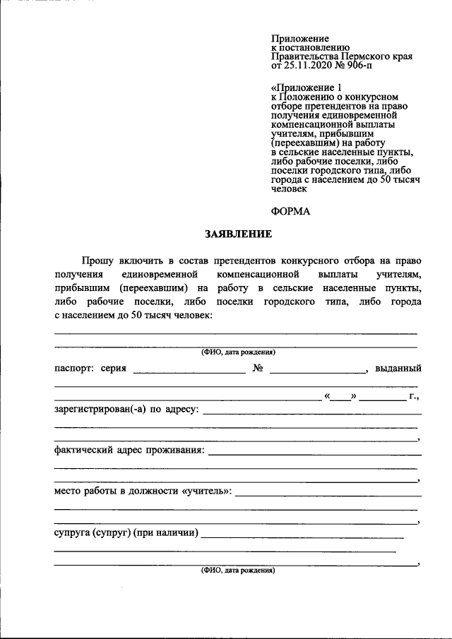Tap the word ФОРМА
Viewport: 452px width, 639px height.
(x=290, y=210)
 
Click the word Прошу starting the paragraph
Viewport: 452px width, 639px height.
(x=97, y=261)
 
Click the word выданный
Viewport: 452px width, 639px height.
(x=398, y=369)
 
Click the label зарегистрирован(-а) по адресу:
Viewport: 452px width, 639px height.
(x=126, y=410)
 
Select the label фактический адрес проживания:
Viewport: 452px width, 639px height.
(x=130, y=450)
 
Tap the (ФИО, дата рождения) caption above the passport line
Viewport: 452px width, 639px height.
(x=237, y=352)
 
